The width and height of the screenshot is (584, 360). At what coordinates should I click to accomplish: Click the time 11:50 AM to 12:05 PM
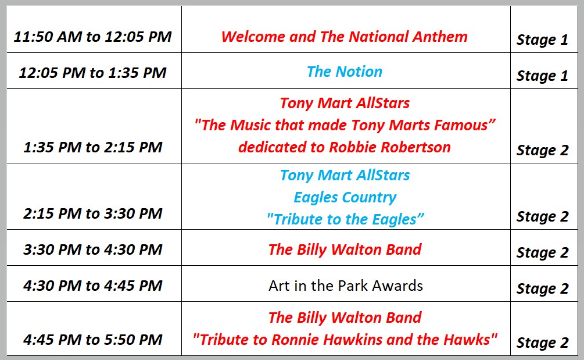coord(93,37)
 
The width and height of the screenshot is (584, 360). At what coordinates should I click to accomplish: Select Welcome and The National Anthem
coord(345,37)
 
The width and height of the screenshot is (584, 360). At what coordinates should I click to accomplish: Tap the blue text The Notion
coord(345,72)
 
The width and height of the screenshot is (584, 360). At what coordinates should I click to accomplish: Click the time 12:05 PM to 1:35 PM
coord(93,73)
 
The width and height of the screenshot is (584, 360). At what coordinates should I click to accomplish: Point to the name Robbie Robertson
coord(390,147)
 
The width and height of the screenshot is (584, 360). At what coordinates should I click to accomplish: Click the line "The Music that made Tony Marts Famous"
coord(345,125)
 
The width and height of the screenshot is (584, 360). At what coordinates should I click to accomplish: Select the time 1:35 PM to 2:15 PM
coord(93,147)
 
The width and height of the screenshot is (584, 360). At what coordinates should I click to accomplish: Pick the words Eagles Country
coord(345,198)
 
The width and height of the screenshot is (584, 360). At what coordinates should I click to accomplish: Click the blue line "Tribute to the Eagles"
coord(346,219)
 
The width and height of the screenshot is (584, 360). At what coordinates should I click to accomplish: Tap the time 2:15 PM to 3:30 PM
coord(93,213)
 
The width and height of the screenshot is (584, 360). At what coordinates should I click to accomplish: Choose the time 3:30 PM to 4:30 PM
coord(93,249)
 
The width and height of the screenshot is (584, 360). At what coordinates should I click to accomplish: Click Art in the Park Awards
coord(346,286)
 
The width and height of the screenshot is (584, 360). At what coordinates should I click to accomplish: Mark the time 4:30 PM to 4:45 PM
coord(93,286)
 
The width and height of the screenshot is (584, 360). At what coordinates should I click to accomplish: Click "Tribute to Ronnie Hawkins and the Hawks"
coord(345,340)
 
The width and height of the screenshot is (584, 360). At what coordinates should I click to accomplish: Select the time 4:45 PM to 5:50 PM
coord(93,340)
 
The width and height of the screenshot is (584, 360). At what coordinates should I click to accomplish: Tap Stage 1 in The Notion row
coord(542,76)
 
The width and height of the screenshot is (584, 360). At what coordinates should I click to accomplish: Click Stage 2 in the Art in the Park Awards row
coord(542,289)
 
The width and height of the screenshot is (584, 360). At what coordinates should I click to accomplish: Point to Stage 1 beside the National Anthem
coord(542,40)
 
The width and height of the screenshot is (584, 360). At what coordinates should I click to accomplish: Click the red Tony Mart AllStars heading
coord(345,103)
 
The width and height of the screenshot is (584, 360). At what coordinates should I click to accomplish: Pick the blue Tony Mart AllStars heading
coord(345,175)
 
